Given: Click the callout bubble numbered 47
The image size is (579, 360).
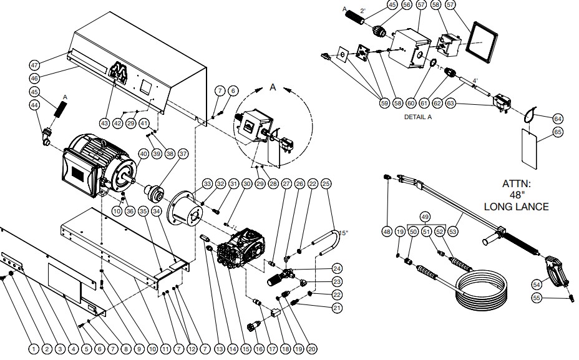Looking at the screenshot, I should (x=35, y=65).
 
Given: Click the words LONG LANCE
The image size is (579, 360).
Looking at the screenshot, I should (x=516, y=207).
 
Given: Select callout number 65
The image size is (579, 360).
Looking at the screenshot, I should (x=558, y=132).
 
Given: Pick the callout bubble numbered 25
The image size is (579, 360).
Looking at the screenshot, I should (x=326, y=184).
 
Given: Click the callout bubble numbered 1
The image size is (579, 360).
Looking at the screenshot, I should (x=32, y=349).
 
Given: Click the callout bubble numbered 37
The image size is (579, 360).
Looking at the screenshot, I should (x=183, y=153).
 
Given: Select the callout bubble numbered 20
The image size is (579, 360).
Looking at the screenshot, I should (x=312, y=349).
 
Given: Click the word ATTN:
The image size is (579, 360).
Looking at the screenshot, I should (x=516, y=184).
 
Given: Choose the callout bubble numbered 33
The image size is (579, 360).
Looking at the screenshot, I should (x=207, y=184).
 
